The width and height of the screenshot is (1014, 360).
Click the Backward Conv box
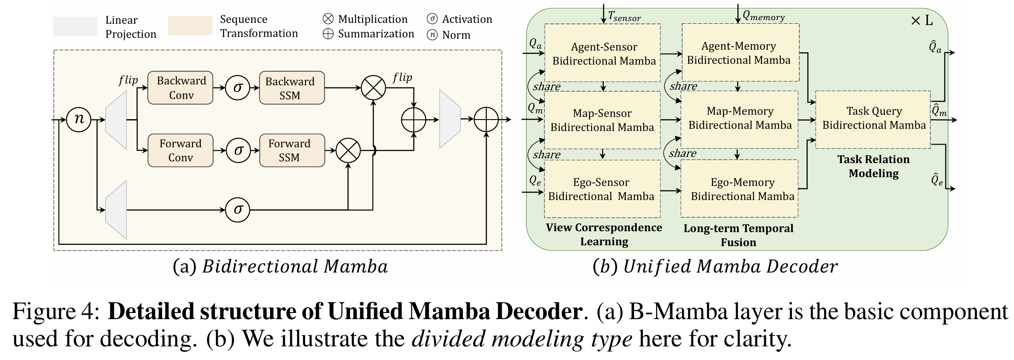pos(180,88)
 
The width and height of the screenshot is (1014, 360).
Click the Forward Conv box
pos(180,150)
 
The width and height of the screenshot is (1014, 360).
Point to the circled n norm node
pos(79,119)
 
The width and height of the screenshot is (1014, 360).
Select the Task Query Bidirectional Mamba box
pos(873,119)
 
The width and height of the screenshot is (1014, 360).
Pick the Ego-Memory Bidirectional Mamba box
pos(740,189)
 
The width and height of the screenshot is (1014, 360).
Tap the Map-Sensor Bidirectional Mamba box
pos(602,120)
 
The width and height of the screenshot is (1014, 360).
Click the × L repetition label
pos(922,21)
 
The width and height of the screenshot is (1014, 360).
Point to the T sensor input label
pos(624,17)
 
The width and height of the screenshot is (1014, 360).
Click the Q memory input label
pos(763,16)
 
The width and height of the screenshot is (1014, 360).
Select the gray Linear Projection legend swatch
pos(75,26)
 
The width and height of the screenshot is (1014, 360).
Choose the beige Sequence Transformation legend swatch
pos(190,25)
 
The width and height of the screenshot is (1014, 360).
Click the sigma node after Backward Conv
pos(237,88)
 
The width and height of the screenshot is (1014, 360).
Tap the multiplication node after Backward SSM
pos(373,88)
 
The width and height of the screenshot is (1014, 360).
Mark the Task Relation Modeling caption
pos(873,166)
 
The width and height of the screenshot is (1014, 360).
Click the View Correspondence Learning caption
pos(604,234)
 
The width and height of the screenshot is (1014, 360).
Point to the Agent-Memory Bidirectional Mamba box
pos(740,53)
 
